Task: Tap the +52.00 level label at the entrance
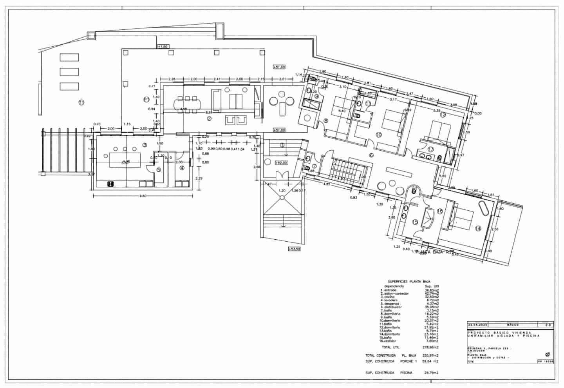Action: point(280,162)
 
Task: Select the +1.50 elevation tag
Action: point(163,47)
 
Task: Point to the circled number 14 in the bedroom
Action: point(478,229)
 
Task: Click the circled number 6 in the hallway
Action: point(371,155)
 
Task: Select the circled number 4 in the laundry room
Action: point(182,168)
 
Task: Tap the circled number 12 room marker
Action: point(443,115)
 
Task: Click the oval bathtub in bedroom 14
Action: point(483,208)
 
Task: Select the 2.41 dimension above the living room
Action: point(217,79)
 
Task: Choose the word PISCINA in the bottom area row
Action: point(406,373)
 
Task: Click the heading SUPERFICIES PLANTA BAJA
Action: point(409,282)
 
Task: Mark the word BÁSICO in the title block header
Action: point(513,325)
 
